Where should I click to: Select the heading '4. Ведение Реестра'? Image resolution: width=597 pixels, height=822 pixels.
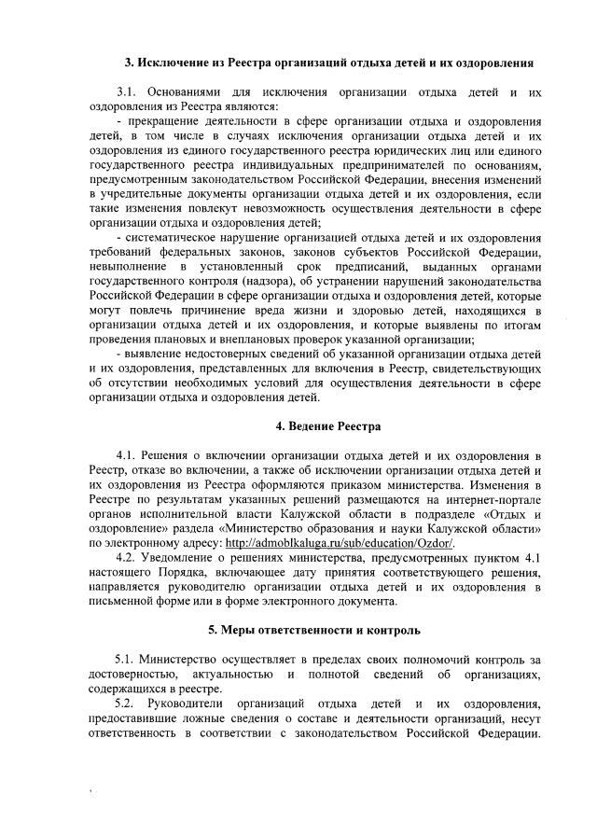327,426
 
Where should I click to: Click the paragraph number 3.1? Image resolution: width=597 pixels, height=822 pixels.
127,93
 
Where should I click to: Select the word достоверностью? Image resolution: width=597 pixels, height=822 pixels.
126,673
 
